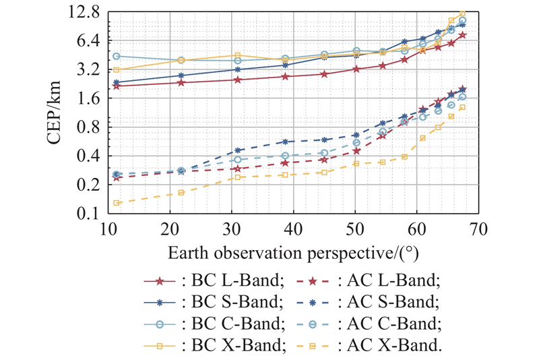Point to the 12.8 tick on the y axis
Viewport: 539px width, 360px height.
(x=86, y=11)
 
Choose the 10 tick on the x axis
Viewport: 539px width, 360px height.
(x=108, y=230)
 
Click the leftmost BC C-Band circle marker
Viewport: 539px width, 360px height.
(x=117, y=56)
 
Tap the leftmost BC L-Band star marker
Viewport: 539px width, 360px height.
(x=117, y=86)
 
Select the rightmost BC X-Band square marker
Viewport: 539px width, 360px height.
(x=463, y=13)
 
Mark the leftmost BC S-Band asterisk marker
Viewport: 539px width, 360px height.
(x=117, y=82)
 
